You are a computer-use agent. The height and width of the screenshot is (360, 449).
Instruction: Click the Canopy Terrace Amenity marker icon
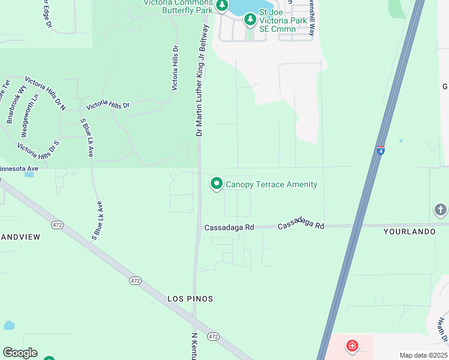(217, 184)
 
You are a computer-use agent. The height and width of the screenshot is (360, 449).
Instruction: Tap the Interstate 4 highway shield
(381, 149)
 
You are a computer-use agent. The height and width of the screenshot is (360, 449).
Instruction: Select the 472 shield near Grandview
(57, 225)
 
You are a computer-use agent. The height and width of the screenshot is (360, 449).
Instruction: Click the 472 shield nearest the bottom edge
(213, 337)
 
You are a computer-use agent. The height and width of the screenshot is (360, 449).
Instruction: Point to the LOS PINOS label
(190, 298)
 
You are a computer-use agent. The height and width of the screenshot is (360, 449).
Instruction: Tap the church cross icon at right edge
(441, 209)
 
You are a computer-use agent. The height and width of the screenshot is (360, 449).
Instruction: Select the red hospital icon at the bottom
(352, 346)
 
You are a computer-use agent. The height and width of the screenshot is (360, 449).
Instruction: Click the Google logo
(20, 353)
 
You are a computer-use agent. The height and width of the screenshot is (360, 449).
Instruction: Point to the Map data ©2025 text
(423, 355)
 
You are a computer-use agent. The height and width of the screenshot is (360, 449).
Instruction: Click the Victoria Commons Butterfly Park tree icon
(222, 5)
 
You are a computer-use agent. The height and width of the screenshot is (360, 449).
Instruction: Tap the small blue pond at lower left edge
(8, 326)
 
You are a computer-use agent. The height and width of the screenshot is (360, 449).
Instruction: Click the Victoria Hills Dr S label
(38, 149)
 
